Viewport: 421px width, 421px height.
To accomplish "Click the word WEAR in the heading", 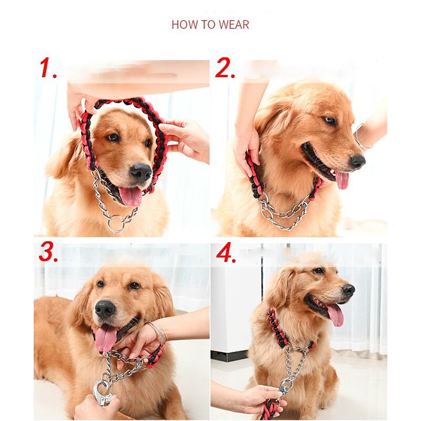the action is click(x=234, y=24).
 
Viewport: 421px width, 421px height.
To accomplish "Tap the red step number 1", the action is click(x=48, y=68).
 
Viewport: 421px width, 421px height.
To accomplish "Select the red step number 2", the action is click(x=225, y=68).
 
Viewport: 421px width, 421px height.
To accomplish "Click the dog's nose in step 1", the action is click(x=141, y=172).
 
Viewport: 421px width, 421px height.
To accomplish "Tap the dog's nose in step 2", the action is click(x=358, y=162).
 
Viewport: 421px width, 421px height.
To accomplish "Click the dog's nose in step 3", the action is click(x=105, y=309).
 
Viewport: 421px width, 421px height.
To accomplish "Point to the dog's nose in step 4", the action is click(x=348, y=290).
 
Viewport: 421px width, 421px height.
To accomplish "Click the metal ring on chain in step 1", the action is click(x=116, y=223).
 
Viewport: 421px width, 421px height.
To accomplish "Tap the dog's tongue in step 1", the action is click(x=131, y=196).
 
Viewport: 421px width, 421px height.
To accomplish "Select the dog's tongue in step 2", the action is click(x=342, y=180).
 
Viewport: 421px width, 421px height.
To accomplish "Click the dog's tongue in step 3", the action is click(x=106, y=338).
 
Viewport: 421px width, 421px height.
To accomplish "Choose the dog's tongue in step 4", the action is click(x=335, y=315).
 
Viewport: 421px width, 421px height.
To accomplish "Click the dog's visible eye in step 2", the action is click(x=329, y=121).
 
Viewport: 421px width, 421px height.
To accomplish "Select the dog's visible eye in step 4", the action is click(x=318, y=270).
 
